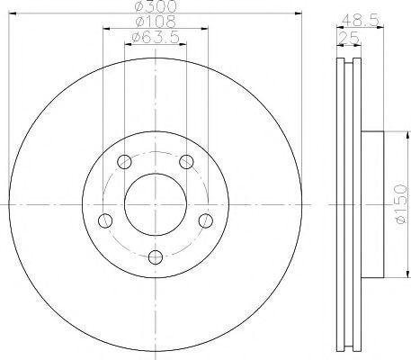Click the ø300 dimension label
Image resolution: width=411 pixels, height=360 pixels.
tap(156, 6)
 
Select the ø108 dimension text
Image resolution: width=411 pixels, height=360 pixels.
tap(156, 22)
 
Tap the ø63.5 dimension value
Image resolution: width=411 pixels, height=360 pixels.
tap(156, 38)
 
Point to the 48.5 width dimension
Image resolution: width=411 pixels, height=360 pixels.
tap(361, 21)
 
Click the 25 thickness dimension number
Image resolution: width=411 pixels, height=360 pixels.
tap(349, 38)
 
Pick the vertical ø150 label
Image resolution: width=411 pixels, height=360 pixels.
tap(402, 204)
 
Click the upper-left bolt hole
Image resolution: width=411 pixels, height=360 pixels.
tap(124, 162)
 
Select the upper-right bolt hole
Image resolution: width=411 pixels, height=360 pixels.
tap(186, 162)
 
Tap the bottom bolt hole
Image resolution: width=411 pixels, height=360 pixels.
tap(156, 257)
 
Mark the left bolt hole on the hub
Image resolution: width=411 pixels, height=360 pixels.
tap(105, 220)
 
